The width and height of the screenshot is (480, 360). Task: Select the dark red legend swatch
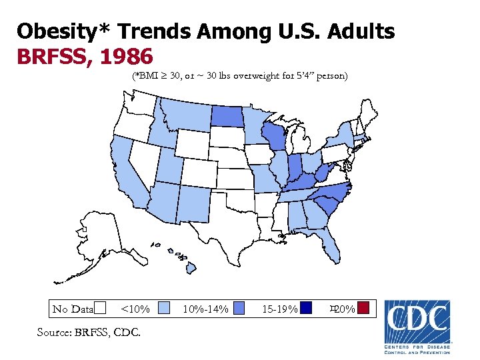click(363, 308)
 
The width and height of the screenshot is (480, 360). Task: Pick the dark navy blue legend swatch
click(305, 308)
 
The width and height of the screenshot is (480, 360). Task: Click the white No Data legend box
click(100, 308)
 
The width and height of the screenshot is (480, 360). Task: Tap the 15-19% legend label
click(279, 309)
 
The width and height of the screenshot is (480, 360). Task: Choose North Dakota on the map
click(228, 117)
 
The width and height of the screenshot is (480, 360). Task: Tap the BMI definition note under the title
click(239, 76)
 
